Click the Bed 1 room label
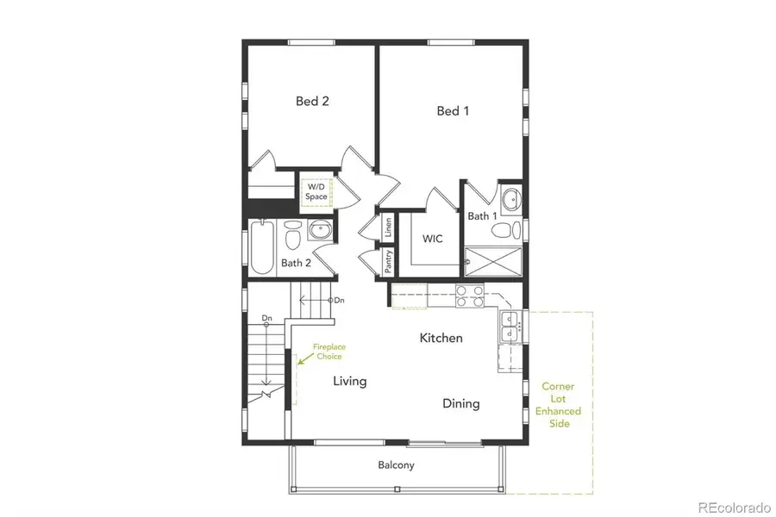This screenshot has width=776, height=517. coord(453,110)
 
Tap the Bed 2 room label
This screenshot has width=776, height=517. coord(312,101)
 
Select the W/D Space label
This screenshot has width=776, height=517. coord(316,192)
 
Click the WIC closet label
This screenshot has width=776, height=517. coord(432,238)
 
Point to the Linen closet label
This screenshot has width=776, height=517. coord(388,227)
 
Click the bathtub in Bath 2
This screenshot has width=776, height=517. coord(261,246)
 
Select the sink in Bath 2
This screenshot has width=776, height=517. coord(320,231)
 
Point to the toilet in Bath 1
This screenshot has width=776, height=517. coord(515,230)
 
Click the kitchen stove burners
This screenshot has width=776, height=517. coord(469,296)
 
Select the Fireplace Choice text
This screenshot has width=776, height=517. coord(329,351)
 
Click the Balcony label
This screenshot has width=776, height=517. coord(396,465)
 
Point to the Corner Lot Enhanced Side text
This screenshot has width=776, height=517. coord(557,405)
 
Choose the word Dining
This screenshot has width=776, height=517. coord(461,403)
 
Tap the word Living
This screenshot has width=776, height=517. coord(350,381)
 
